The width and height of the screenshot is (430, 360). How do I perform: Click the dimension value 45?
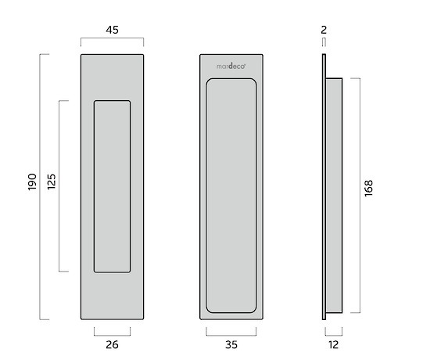(112, 31)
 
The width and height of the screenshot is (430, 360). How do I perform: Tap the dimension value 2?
(324, 31)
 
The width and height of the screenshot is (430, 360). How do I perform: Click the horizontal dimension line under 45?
(112, 41)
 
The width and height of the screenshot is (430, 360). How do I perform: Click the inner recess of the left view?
(112, 186)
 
